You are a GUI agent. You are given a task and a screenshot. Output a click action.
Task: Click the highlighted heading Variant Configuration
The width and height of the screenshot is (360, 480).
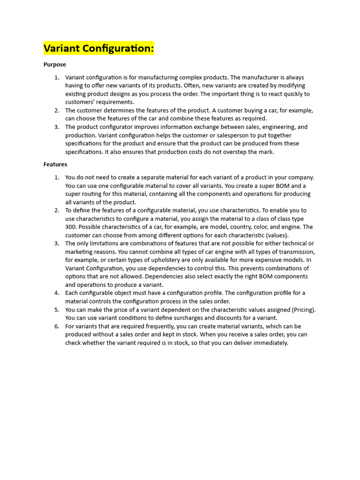99,48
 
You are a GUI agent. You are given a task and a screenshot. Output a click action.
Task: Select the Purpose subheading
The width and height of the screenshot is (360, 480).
55,65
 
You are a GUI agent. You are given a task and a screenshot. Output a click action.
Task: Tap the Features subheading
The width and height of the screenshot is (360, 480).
55,165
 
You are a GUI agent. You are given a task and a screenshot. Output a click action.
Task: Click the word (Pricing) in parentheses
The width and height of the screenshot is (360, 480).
304,310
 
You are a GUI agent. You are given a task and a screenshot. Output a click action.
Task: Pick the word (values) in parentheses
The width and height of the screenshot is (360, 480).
277,235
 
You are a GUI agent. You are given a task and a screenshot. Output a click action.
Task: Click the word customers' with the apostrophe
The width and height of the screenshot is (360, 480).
80,102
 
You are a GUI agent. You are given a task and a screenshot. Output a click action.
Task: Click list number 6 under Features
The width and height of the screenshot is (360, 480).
57,326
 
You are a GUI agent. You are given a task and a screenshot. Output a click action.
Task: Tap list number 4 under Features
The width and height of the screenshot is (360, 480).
57,293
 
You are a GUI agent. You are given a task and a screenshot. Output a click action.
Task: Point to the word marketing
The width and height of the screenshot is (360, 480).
79,252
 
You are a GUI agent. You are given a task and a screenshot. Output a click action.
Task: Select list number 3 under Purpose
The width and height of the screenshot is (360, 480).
57,127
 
